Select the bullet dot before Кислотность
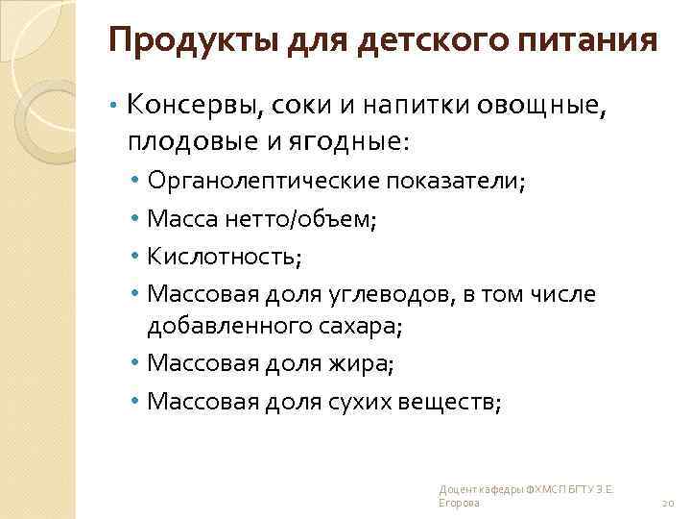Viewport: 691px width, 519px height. pos(139,259)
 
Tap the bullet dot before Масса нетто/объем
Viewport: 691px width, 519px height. pos(139,220)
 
